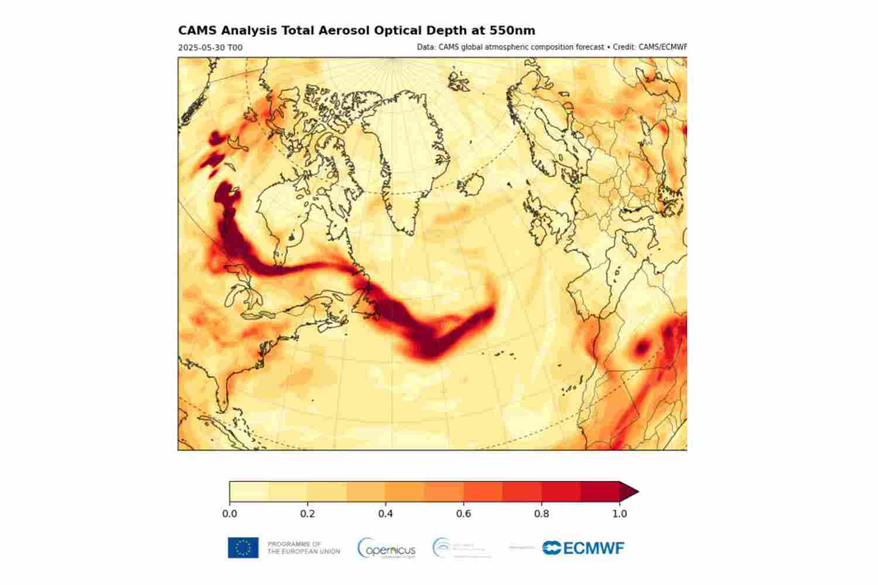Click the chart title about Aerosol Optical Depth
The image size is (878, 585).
356,30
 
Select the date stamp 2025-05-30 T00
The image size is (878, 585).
210,47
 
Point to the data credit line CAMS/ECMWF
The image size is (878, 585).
552,47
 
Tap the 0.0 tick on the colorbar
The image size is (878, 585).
229,514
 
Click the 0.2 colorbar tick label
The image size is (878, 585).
307,514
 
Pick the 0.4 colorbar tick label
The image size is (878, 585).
385,514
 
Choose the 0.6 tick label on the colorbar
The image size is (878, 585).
464,514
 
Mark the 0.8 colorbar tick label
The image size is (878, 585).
541,514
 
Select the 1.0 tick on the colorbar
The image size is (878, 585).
619,514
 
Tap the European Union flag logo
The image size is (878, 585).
243,548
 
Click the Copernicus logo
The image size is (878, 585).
386,548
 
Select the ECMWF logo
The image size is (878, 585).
583,548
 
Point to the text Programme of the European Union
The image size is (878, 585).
303,548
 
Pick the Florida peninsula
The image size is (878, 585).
224,395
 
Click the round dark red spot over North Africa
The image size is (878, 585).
642,348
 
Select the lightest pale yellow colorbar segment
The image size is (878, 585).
249,492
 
